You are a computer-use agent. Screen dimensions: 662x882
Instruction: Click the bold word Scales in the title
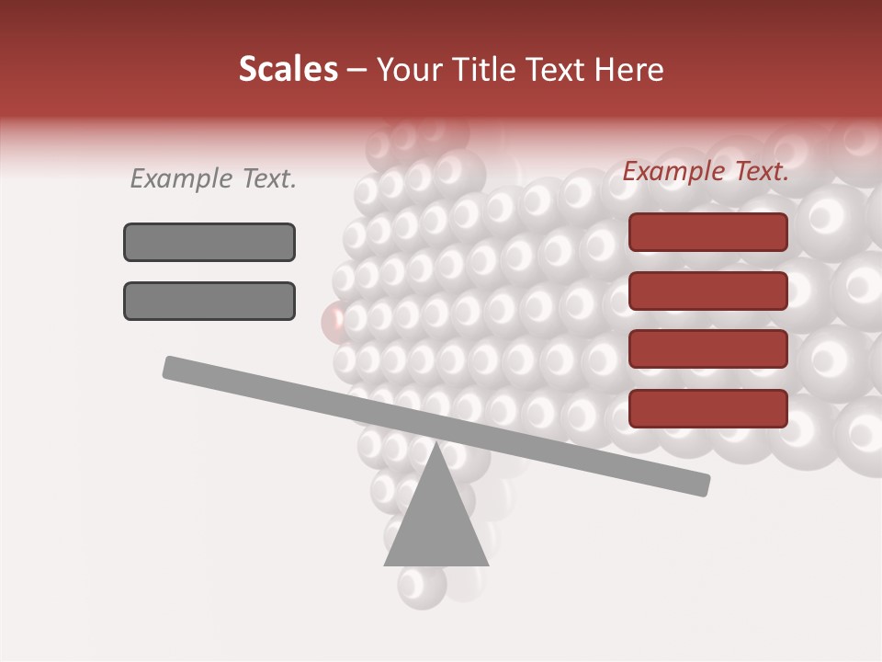[288, 69]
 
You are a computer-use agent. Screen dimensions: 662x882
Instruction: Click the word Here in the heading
[628, 70]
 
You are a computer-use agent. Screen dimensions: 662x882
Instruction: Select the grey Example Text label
[213, 179]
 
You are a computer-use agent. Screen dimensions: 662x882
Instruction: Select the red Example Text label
[706, 171]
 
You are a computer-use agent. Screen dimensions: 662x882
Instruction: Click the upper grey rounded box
[209, 242]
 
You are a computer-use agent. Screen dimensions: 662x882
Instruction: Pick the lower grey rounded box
[209, 301]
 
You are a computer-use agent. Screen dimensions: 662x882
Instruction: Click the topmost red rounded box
[707, 232]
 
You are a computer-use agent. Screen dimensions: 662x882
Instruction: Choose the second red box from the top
[707, 291]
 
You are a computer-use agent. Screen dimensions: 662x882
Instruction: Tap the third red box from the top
[707, 349]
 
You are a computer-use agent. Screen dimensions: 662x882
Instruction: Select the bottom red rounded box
[707, 408]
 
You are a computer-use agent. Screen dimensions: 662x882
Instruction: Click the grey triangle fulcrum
[435, 524]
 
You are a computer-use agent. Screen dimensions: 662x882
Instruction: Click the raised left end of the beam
[175, 368]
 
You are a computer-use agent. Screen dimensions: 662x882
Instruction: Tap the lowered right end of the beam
[698, 484]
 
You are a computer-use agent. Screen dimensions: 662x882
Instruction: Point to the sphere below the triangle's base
[423, 586]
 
